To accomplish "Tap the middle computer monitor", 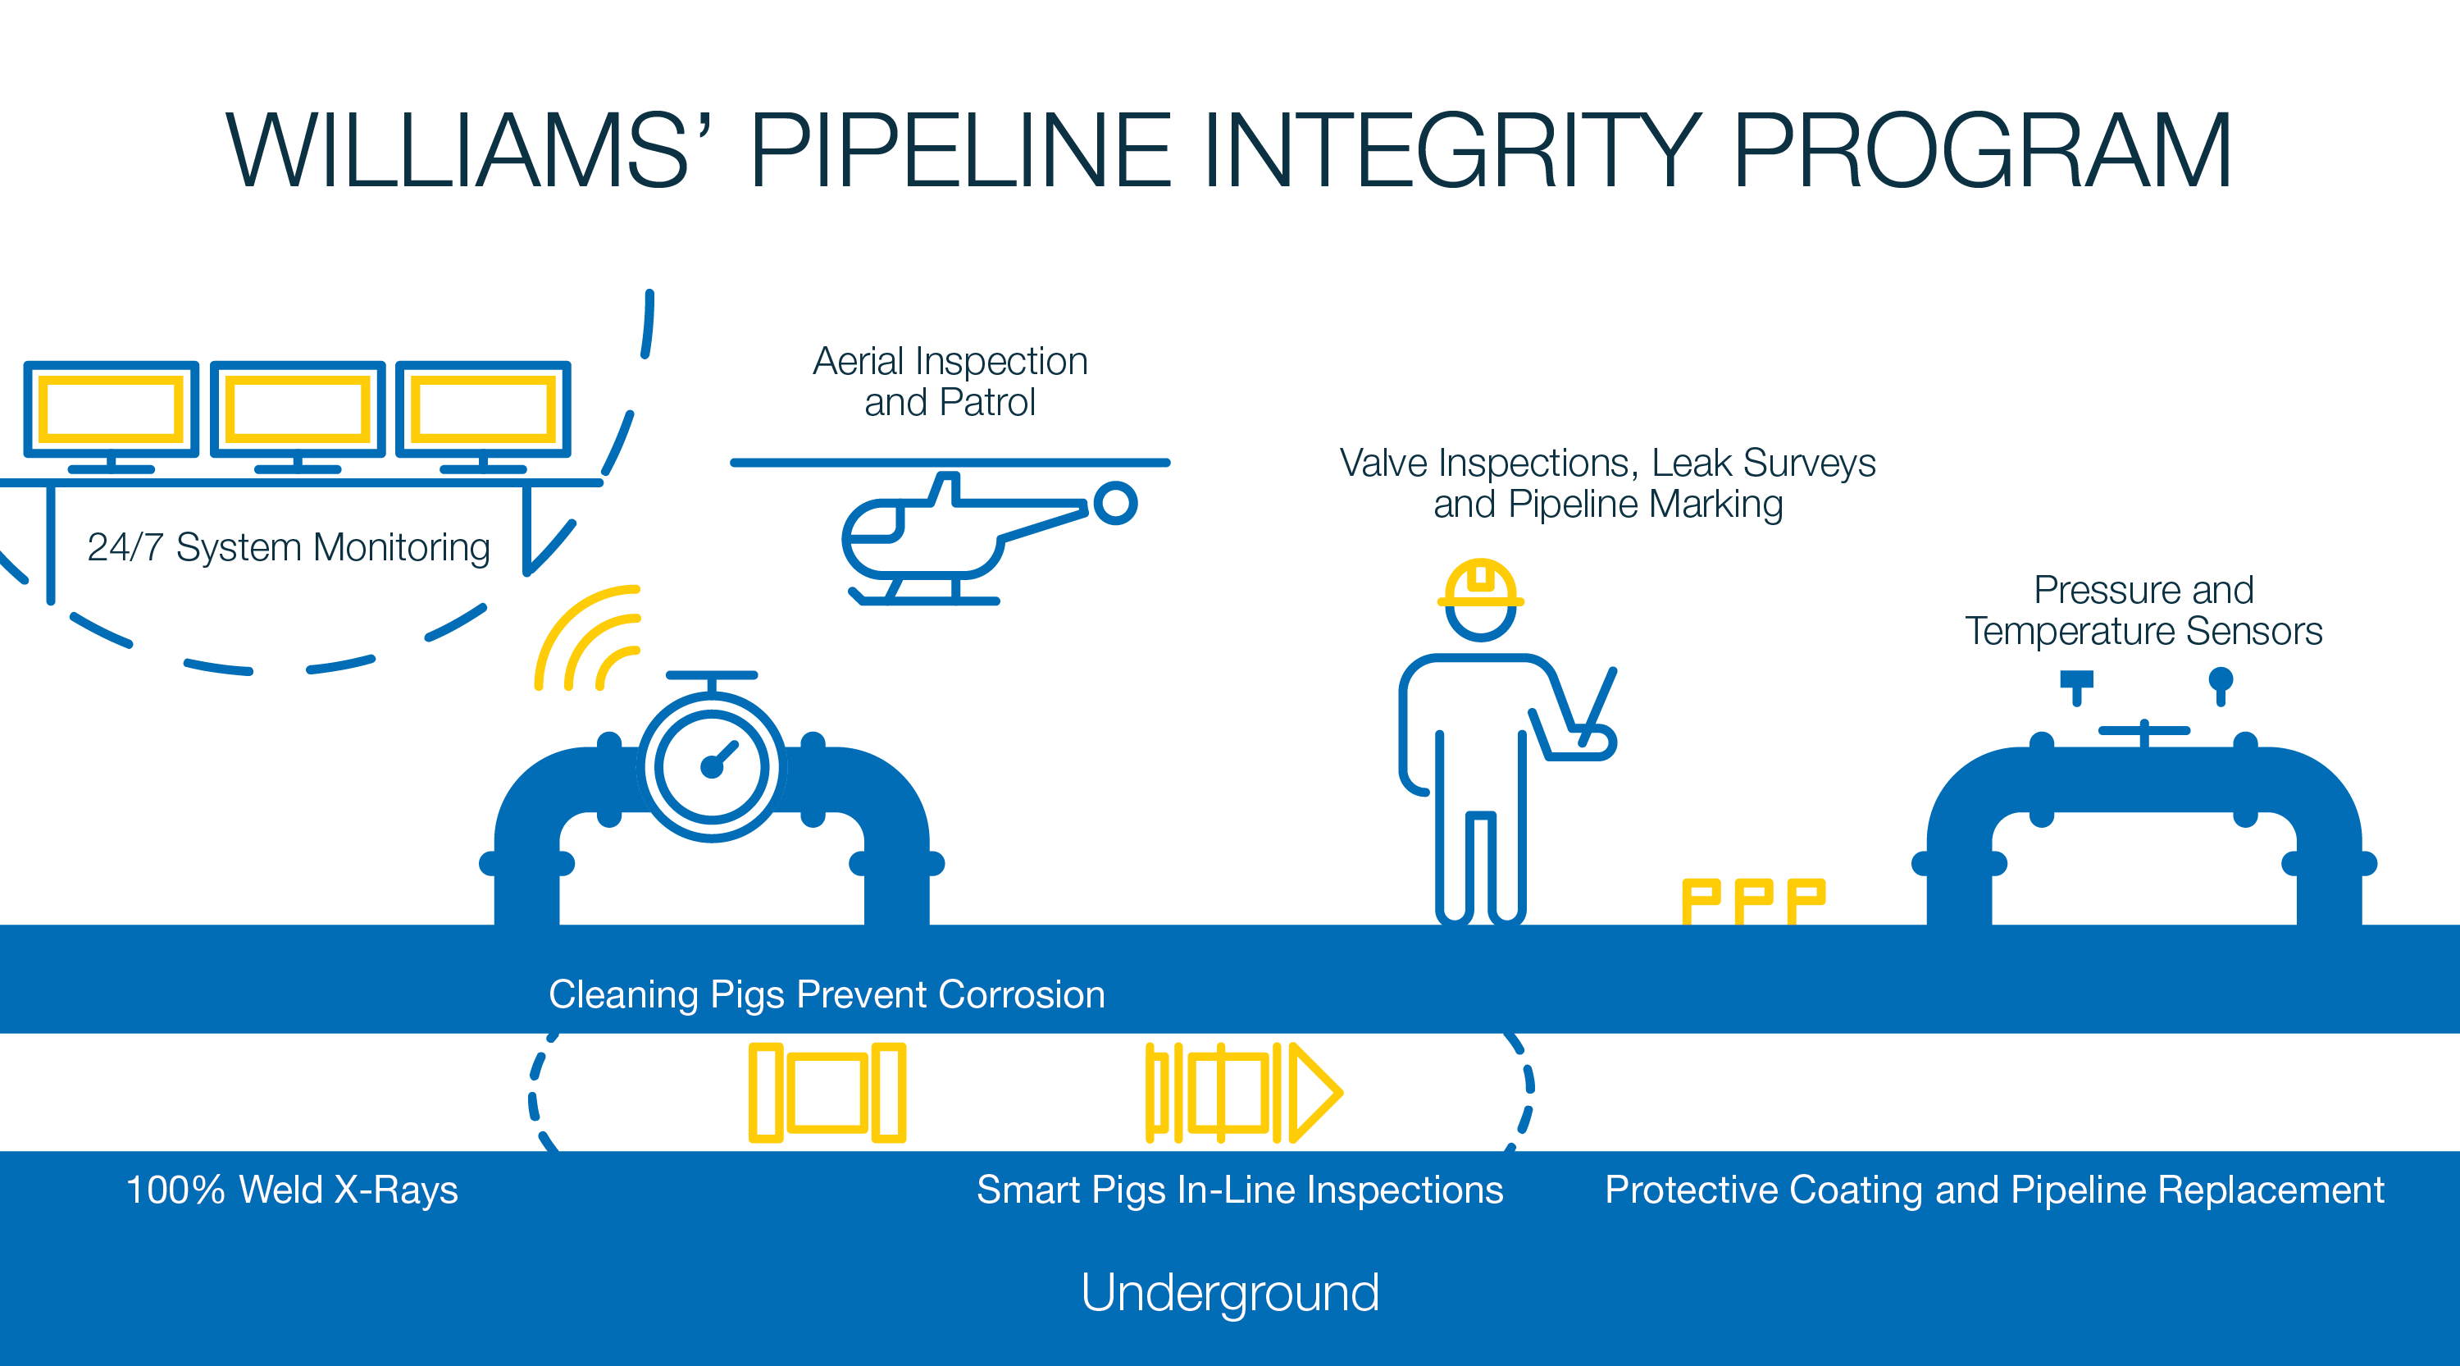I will click(297, 409).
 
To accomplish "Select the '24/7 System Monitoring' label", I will click(289, 547).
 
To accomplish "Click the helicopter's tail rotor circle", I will click(1114, 502).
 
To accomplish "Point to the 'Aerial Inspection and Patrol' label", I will click(950, 381).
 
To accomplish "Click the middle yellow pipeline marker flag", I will click(1753, 900).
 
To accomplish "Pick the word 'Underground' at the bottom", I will click(1229, 1292).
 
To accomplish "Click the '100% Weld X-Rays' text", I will click(292, 1190).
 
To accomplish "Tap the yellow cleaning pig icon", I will click(827, 1093).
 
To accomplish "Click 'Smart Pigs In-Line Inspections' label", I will click(1240, 1190).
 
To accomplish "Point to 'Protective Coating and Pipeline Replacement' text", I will click(1994, 1190).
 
